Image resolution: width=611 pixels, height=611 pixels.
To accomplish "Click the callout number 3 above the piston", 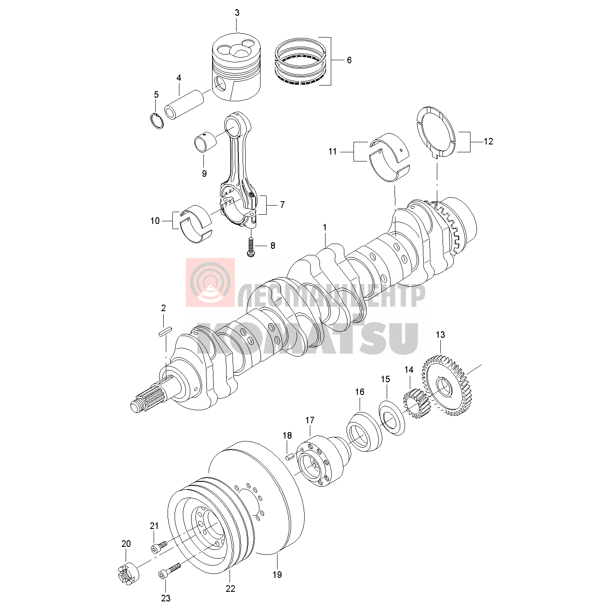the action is pos(237,13).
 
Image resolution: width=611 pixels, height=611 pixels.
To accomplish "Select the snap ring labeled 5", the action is pos(157,120).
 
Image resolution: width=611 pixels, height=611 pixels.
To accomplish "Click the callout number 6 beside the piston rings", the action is pos(349,60).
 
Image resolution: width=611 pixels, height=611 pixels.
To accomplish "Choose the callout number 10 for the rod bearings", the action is pos(155,221).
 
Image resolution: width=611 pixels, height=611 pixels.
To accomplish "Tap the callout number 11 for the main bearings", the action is pos(332,151).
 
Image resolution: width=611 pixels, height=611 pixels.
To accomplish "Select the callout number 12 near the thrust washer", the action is pos(488,141).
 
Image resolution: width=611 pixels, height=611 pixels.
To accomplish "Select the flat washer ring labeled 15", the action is pos(392,418).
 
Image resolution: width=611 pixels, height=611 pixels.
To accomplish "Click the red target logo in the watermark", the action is pos(210,282).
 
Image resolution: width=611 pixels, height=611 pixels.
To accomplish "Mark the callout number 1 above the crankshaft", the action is pos(325,227).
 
